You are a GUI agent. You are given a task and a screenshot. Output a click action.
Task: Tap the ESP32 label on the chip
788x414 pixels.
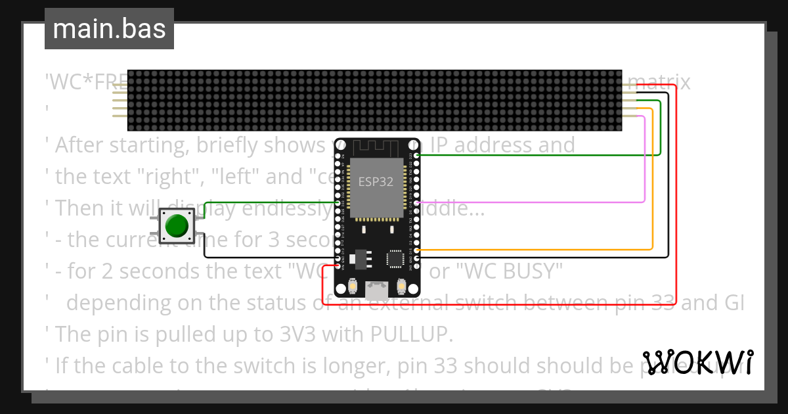click(x=376, y=182)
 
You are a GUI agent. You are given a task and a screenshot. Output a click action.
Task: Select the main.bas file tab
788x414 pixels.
click(x=109, y=29)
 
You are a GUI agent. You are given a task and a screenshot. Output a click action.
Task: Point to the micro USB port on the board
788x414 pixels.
click(x=377, y=290)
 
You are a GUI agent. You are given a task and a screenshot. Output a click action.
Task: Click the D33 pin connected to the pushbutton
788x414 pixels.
click(x=339, y=203)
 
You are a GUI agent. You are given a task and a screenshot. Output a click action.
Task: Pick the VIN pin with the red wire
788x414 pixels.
click(x=339, y=266)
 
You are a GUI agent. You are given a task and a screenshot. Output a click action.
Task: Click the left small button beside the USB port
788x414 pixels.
click(x=353, y=287)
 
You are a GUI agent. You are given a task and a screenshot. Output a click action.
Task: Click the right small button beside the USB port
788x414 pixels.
click(x=401, y=287)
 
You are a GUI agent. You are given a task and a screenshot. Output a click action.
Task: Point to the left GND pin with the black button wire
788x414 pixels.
click(x=339, y=258)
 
